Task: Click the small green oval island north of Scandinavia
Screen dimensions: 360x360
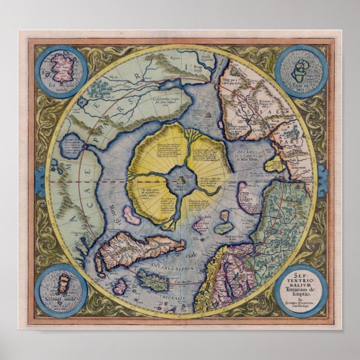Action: pos(223,228)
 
